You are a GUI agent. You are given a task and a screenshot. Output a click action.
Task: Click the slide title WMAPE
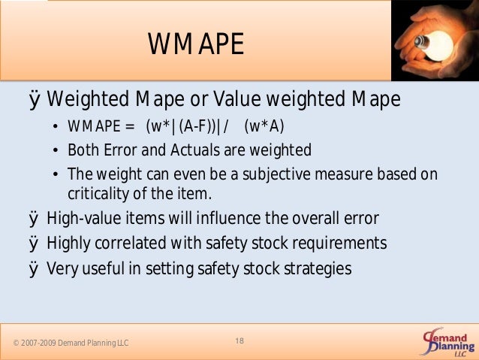196,45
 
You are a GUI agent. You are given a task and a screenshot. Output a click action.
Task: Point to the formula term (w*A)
264,125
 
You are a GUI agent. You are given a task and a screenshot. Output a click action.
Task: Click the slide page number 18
239,342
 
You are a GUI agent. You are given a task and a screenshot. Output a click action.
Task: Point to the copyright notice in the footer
70,343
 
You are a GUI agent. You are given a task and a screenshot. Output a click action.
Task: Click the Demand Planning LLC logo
447,342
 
